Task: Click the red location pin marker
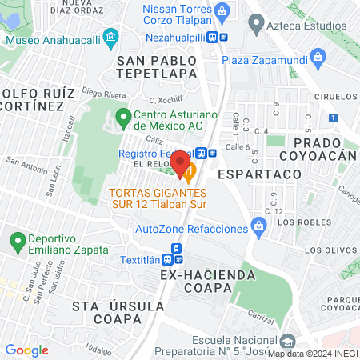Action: click(182, 162)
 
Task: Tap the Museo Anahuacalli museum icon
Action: click(110, 37)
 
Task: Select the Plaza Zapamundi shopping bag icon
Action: click(318, 57)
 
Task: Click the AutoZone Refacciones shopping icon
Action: click(258, 228)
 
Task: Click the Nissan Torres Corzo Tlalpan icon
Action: click(222, 10)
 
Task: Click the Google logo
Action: click(26, 350)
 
